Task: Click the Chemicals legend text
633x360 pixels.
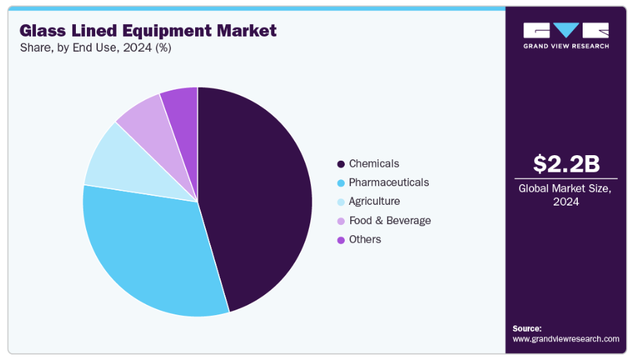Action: [374, 163]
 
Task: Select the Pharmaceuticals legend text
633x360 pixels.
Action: [388, 182]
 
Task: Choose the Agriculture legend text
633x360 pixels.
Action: [374, 201]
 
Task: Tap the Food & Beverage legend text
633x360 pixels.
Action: [390, 220]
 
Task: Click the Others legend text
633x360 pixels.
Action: [365, 239]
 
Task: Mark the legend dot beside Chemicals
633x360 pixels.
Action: [341, 164]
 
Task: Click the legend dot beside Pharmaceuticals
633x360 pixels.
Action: [341, 183]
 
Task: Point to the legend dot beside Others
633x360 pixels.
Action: [341, 240]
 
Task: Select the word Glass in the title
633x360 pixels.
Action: [42, 30]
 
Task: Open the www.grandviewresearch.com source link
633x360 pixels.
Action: [565, 339]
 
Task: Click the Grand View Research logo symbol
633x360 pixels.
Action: [565, 30]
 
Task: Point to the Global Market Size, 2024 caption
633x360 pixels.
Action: [565, 195]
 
